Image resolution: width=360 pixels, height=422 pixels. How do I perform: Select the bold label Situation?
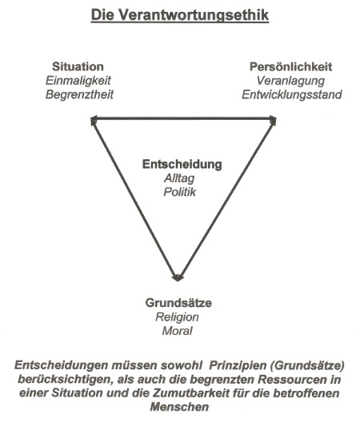pos(78,66)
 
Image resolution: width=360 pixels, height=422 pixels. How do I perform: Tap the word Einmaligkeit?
pos(78,81)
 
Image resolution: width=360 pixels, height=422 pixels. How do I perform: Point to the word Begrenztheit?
pos(79,94)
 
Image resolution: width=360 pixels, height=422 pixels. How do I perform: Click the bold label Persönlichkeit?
pos(290,66)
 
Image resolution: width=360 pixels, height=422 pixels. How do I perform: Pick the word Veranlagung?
pos(290,81)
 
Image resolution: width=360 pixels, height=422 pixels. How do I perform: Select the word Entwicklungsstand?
pos(292,94)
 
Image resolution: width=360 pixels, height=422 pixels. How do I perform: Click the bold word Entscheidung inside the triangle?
pos(182,165)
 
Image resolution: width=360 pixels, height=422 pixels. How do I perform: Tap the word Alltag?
pos(179,178)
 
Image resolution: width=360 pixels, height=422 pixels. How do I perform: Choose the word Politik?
pos(180,192)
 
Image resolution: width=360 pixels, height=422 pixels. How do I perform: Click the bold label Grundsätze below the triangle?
pos(178,303)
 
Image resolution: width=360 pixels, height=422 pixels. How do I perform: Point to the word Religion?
pos(177,317)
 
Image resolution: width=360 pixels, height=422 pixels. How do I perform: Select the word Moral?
pos(177,331)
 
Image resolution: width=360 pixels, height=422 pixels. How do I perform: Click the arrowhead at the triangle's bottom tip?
pos(178,278)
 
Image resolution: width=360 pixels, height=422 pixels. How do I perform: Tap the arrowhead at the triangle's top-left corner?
pos(94,120)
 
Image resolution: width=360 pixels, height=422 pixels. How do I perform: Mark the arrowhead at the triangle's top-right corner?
pos(273,120)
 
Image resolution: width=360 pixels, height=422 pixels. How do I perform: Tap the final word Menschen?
pos(179,407)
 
